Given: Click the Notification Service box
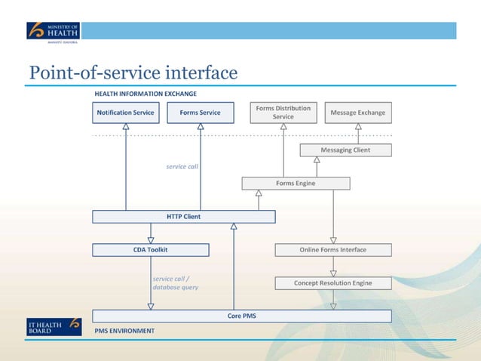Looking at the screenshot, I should pyautogui.click(x=125, y=113).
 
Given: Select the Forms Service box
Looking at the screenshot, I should pyautogui.click(x=201, y=113).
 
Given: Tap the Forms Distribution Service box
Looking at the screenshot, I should pyautogui.click(x=283, y=113).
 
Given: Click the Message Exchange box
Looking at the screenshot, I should pyautogui.click(x=358, y=113).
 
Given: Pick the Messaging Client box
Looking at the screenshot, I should pyautogui.click(x=345, y=150).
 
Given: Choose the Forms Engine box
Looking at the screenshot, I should pyautogui.click(x=296, y=184).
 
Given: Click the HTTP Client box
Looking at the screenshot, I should pyautogui.click(x=183, y=217).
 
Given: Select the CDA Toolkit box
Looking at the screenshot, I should pyautogui.click(x=151, y=250).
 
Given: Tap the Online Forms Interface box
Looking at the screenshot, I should pyautogui.click(x=332, y=250).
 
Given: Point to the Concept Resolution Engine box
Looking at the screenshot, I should pyautogui.click(x=332, y=283).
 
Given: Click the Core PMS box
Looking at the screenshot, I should pyautogui.click(x=242, y=316).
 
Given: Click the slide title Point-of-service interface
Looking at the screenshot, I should pyautogui.click(x=133, y=73).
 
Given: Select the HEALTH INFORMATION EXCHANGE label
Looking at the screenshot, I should pyautogui.click(x=146, y=94).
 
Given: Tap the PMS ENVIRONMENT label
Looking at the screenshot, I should pyautogui.click(x=124, y=331).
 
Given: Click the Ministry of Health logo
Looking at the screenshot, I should pyautogui.click(x=53, y=32).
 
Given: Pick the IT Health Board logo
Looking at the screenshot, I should pyautogui.click(x=53, y=327).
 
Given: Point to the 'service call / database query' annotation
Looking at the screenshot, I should pyautogui.click(x=175, y=283).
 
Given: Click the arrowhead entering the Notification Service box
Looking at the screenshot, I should pyautogui.click(x=126, y=127).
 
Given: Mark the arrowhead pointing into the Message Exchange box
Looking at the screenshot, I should pyautogui.click(x=358, y=127).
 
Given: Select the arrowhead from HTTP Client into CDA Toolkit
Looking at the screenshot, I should pyautogui.click(x=151, y=239).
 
